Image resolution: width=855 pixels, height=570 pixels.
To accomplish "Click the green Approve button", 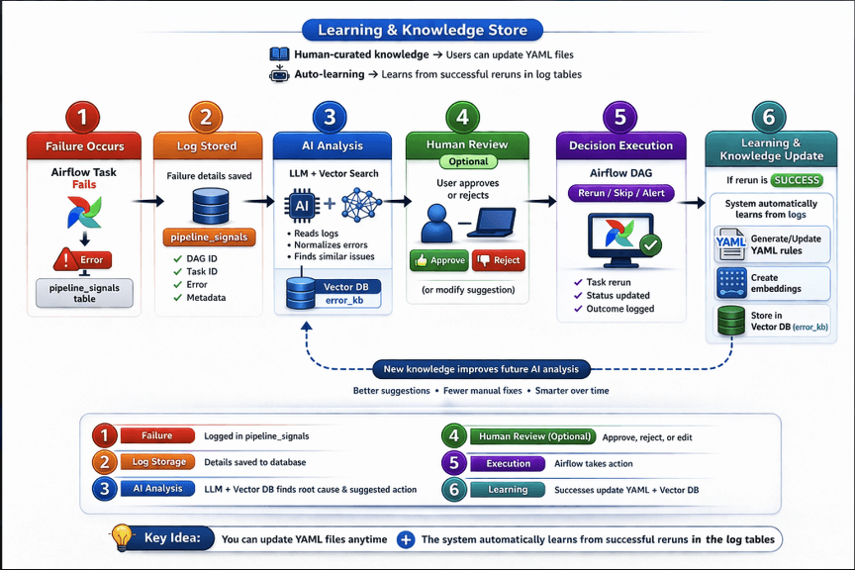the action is coord(439,260).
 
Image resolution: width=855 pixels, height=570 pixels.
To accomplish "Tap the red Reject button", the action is coord(499,260).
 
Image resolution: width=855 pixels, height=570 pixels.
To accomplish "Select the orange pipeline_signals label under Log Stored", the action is coord(209,237).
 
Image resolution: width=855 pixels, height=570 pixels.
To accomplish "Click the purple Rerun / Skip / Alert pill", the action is coord(621,193).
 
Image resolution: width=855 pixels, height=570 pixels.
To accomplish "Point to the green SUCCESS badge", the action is coord(797,180).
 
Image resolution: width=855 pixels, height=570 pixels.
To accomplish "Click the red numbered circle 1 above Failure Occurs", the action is coord(82,118).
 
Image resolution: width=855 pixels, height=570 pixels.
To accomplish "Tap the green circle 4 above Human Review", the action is coord(462,118).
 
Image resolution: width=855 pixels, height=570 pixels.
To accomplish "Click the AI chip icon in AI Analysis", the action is coord(302,206).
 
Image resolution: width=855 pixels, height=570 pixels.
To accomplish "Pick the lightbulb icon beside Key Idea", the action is coord(122,536).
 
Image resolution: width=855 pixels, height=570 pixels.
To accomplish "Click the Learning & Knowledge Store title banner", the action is coord(423,30).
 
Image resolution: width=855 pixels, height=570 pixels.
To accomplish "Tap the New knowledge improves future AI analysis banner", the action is coord(481,369).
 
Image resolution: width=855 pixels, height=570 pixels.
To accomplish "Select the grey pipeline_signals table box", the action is coord(84,293).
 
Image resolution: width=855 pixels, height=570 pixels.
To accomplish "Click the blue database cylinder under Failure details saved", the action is coord(211,206).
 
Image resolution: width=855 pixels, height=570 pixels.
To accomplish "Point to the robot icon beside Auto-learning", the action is coord(279,73).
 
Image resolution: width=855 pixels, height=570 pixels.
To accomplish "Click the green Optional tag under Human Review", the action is coord(468,161).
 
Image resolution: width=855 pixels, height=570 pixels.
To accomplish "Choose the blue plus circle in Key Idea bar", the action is coord(405,539).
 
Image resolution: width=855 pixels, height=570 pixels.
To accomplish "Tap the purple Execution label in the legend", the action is coord(508,464).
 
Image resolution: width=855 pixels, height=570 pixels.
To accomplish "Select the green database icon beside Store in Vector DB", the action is coord(731,321).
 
